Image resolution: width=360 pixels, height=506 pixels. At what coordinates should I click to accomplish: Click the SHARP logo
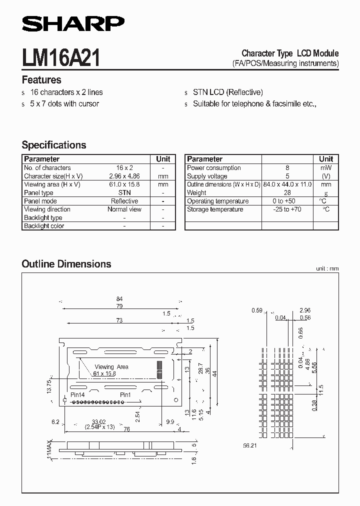(x=72, y=23)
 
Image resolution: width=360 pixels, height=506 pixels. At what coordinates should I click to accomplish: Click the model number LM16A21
(x=61, y=58)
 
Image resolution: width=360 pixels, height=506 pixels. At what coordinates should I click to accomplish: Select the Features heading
(x=41, y=80)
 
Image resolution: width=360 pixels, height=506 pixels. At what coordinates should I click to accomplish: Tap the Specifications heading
(x=54, y=145)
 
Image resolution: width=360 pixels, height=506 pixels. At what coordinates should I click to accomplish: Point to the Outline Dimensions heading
(x=66, y=263)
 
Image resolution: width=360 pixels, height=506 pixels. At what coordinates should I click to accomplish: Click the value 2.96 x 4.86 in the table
(x=124, y=176)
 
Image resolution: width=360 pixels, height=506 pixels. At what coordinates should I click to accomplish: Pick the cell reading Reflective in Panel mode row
(x=124, y=201)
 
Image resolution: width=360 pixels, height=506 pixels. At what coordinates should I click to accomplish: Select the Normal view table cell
(x=124, y=209)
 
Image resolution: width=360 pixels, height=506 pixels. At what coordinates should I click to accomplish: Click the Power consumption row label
(x=214, y=168)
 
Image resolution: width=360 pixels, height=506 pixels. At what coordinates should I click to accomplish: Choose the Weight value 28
(x=287, y=192)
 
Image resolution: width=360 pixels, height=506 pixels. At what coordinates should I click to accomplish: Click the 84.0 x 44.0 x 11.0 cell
(x=287, y=184)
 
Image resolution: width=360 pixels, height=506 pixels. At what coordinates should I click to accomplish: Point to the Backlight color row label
(x=44, y=226)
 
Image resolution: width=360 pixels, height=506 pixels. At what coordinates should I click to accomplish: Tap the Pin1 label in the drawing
(x=125, y=394)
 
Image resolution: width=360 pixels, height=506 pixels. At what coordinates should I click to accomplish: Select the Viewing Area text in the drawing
(x=111, y=366)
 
